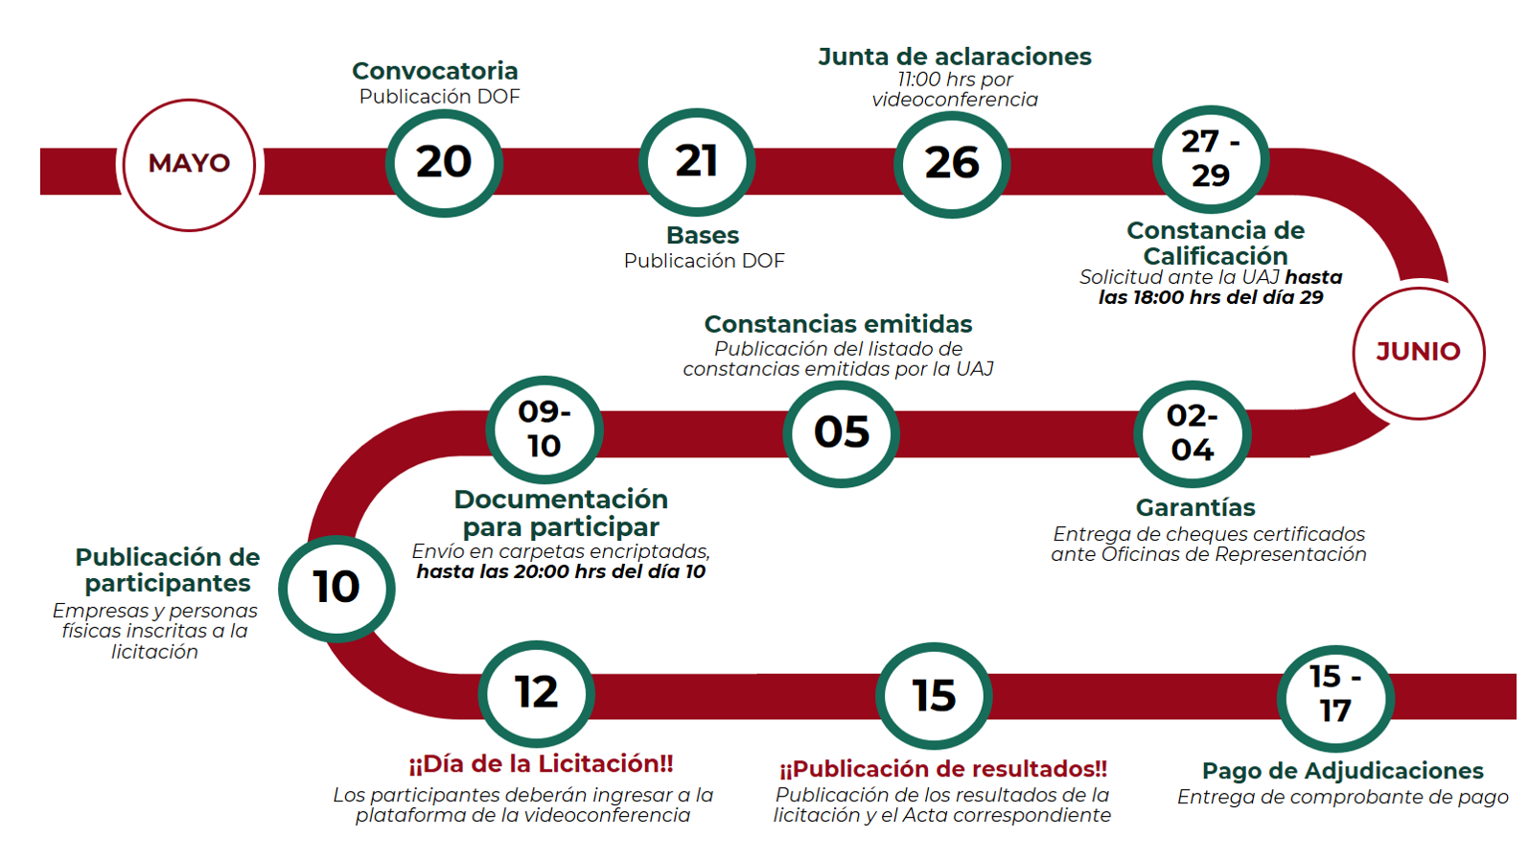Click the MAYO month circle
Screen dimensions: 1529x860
pos(189,165)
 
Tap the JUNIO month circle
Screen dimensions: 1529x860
pos(1419,352)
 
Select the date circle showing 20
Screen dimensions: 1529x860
pos(444,163)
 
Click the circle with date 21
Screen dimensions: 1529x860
pos(697,162)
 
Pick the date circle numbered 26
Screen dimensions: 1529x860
pos(952,165)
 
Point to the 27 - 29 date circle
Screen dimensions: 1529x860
pos(1211,159)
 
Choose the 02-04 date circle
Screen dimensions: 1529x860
pos(1193,434)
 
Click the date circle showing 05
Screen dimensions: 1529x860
pos(841,433)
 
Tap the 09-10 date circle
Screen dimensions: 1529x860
pos(544,430)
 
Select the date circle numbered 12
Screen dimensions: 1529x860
pos(537,693)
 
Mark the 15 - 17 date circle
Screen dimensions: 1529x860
pos(1335,698)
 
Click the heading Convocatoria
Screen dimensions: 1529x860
pos(435,71)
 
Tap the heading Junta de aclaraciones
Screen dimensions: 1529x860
pos(955,57)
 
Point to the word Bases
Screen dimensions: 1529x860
pos(703,235)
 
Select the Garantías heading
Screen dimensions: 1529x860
pos(1195,508)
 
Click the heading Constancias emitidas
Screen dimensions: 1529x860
pos(838,324)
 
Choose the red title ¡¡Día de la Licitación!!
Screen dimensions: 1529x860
pos(541,764)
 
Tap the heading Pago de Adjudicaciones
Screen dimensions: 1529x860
pos(1343,771)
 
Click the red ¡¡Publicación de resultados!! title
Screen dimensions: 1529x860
pos(943,769)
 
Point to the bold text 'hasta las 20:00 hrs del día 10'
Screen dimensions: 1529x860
pos(561,572)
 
